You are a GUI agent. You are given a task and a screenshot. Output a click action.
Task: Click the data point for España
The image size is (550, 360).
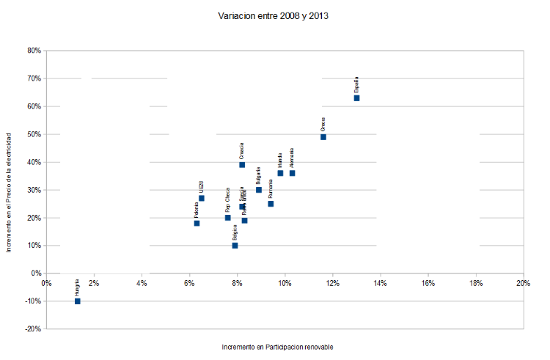[356, 98]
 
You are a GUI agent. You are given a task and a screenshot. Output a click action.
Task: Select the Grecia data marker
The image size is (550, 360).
[323, 136]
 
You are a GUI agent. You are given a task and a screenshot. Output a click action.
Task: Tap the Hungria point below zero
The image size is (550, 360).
[77, 301]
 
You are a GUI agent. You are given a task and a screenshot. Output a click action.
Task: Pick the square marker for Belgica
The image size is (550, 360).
[235, 245]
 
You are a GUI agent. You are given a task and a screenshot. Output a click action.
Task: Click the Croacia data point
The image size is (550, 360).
[242, 165]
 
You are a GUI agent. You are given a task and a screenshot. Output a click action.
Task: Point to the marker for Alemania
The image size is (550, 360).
[292, 173]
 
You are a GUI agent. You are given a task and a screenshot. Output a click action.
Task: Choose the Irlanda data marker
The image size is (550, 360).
[280, 173]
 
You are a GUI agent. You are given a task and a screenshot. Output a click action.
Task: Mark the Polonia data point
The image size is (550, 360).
[197, 223]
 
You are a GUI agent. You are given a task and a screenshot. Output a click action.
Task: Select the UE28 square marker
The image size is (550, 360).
[202, 198]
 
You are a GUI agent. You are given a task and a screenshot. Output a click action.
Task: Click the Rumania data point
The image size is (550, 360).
[271, 203]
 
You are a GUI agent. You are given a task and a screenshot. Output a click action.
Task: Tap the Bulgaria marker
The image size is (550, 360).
[259, 189]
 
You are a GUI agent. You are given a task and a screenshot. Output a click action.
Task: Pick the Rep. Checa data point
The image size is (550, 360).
[227, 217]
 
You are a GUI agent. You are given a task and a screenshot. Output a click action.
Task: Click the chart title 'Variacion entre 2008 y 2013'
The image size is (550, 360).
[273, 15]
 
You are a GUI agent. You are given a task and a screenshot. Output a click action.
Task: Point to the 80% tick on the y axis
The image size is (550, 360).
[32, 51]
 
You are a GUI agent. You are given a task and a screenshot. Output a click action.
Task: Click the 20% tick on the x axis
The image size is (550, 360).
[523, 283]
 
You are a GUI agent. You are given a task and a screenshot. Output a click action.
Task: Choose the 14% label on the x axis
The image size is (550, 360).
[380, 283]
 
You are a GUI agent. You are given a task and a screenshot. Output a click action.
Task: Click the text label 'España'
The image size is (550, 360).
[356, 83]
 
